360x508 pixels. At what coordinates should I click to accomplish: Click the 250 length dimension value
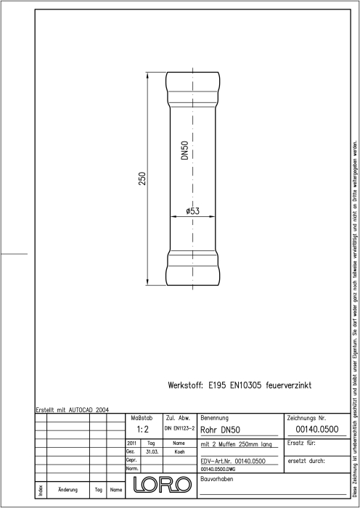click(x=142, y=179)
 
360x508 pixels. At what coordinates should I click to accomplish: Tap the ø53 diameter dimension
click(x=193, y=211)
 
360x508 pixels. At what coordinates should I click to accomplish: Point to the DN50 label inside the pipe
click(x=185, y=150)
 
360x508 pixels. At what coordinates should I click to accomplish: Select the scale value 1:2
click(x=142, y=430)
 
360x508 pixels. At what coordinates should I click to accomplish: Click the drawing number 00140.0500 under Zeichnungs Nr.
click(x=317, y=430)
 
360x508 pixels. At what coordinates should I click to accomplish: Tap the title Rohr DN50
click(x=221, y=430)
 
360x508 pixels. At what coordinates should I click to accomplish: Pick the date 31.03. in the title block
click(x=152, y=451)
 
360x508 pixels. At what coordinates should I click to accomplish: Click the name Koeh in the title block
click(x=179, y=451)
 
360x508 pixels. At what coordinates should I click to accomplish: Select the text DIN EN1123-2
click(x=179, y=428)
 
